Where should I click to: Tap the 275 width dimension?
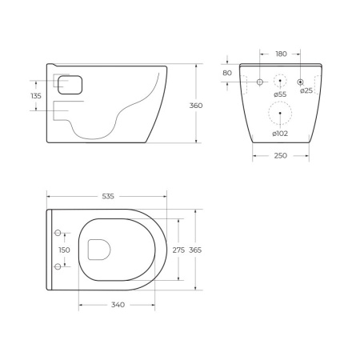(178, 250)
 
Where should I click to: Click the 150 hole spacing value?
(64, 250)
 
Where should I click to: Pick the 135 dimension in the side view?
(36, 96)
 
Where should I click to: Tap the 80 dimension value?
(228, 74)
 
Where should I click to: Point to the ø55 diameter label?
(280, 94)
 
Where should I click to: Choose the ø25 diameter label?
(306, 91)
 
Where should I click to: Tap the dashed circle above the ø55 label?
(280, 81)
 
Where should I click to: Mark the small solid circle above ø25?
(300, 81)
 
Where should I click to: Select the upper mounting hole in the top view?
(58, 234)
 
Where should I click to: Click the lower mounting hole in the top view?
(58, 266)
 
